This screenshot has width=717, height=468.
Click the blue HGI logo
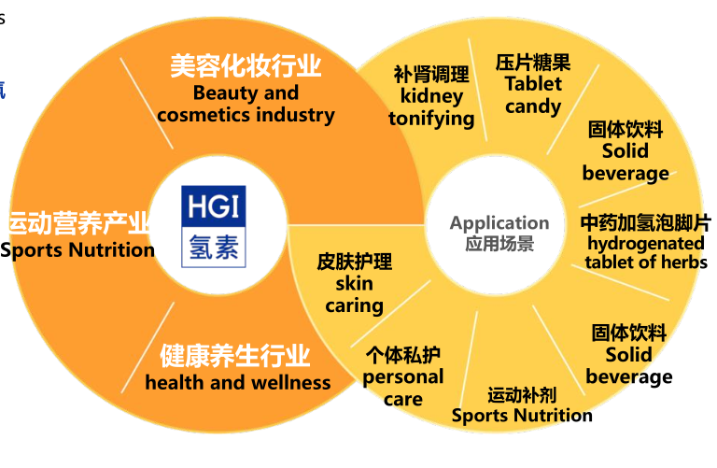214,226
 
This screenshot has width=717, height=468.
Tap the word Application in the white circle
499,223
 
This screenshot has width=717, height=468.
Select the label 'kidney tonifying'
431,107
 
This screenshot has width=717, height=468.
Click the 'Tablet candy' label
533,95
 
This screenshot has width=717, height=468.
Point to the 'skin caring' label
355,294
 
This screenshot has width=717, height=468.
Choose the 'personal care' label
403,388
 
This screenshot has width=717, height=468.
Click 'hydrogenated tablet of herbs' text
646,253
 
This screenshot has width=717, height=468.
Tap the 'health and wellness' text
238,382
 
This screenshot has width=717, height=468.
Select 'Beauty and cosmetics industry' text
246,104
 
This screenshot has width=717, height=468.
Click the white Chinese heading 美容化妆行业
246,65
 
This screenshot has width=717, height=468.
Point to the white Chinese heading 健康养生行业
235,356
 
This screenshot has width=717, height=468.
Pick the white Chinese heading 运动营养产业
78,223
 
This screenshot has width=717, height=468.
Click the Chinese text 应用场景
499,244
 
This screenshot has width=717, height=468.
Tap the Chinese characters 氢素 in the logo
214,247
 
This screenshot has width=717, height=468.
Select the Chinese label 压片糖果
533,63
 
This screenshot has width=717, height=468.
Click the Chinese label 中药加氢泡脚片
646,223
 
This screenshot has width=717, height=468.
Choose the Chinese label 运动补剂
522,395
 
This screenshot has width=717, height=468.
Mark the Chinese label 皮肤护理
355,262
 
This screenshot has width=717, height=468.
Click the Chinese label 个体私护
403,356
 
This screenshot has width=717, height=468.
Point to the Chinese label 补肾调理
431,75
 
